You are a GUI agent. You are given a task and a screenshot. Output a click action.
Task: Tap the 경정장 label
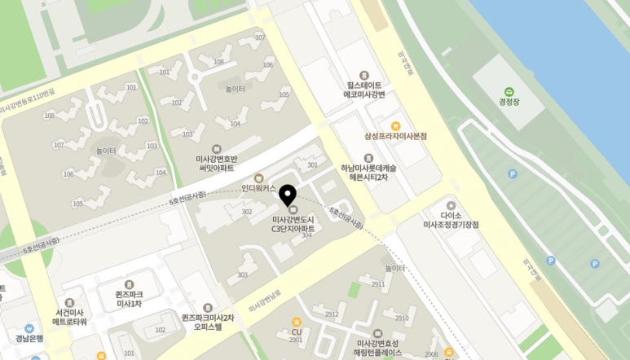[509, 103]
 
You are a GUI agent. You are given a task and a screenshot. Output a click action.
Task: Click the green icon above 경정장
[509, 91]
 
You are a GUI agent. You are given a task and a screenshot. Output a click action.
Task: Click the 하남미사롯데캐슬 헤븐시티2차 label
[368, 171]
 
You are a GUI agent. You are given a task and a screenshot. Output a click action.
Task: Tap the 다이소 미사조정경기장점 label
[451, 219]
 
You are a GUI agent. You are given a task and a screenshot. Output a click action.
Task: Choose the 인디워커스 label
[260, 187]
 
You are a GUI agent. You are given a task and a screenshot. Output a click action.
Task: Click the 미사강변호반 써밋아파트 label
[216, 162]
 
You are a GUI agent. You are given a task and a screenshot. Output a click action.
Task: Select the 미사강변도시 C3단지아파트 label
[293, 224]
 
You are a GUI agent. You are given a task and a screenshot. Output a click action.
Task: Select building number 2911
[378, 284]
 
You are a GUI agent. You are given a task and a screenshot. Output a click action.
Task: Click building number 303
[242, 275]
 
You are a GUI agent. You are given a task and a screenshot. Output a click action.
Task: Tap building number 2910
[401, 318]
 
